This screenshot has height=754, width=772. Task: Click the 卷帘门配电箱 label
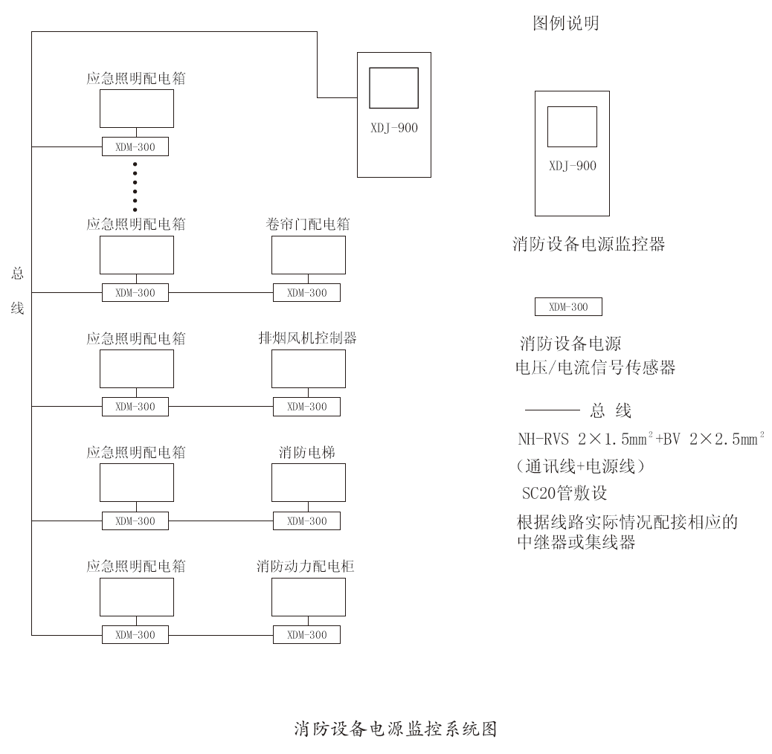click(x=307, y=224)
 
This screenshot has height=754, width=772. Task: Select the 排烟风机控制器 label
click(x=307, y=338)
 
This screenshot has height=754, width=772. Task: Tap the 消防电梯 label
click(x=307, y=452)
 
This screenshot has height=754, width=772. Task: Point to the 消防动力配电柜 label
click(x=306, y=566)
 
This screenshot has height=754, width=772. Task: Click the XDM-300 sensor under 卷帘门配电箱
click(x=306, y=293)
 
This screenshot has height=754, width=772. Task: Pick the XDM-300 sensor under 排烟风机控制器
click(x=306, y=407)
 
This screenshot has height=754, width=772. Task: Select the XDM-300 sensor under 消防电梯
click(x=306, y=521)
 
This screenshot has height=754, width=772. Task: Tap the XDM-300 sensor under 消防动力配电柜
click(x=306, y=635)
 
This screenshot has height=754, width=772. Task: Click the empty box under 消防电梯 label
click(x=308, y=483)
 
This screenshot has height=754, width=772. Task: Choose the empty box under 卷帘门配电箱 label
click(x=308, y=255)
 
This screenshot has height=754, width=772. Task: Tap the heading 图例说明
click(x=566, y=24)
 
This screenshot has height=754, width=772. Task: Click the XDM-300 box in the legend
click(x=568, y=307)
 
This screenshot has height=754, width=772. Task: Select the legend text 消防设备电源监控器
click(x=589, y=244)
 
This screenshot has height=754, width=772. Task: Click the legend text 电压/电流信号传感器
click(x=596, y=367)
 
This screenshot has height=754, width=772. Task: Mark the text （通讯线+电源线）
click(x=581, y=467)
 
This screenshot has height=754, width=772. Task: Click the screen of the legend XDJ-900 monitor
click(x=572, y=126)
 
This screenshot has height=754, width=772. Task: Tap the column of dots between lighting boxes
click(x=135, y=186)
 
